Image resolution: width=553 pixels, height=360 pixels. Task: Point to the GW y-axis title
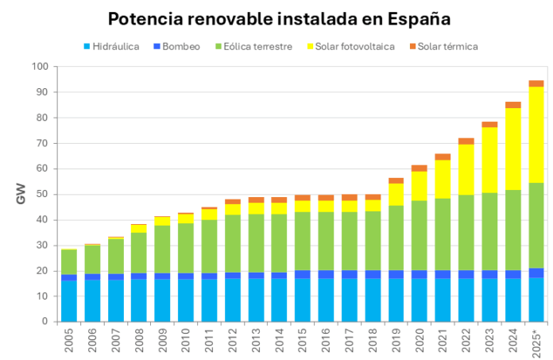(x=21, y=195)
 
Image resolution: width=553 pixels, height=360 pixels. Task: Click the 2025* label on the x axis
(x=536, y=342)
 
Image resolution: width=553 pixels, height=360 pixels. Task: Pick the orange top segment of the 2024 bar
(x=512, y=105)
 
